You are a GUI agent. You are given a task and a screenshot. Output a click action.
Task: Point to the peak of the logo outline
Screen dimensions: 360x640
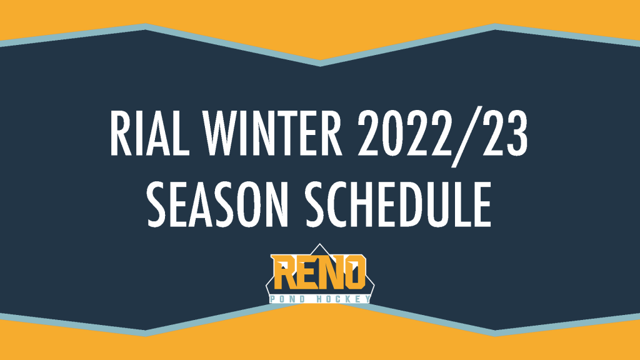(x=319, y=244)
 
